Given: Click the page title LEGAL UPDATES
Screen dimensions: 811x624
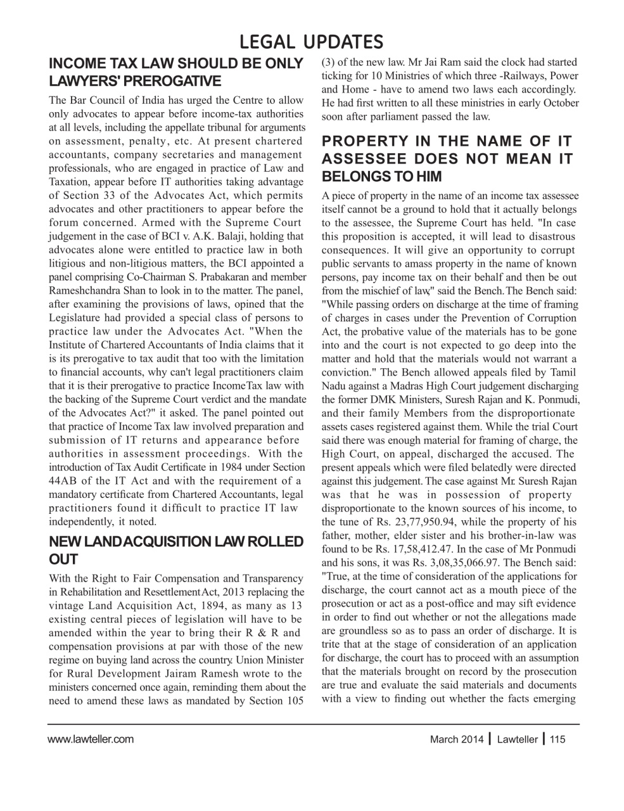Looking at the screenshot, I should coord(312,42).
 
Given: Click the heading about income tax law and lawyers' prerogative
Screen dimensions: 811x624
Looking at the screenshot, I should coord(176,72).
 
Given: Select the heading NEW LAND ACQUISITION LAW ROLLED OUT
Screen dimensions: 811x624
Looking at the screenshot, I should coord(176,550).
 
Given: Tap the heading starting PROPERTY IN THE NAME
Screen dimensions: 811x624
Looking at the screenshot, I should coord(447,158).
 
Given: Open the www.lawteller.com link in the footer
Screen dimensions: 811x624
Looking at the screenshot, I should coord(91,739).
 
